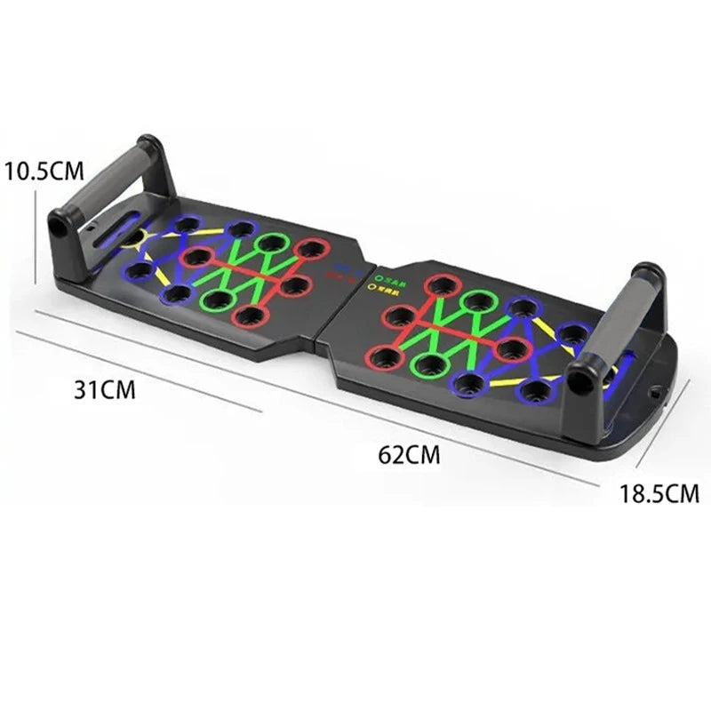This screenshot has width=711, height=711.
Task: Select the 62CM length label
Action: coord(409,455)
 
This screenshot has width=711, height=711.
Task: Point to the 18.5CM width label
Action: coord(659,493)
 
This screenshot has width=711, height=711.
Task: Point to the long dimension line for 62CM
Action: coord(355,400)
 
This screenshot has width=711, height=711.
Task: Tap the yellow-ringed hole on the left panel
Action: coord(132,237)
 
